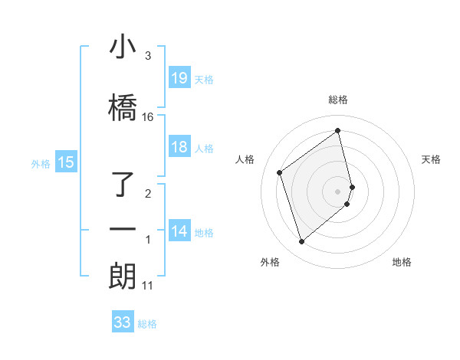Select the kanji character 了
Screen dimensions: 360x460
[123, 185]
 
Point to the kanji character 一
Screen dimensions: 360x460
[123, 229]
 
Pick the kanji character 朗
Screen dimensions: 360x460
[123, 276]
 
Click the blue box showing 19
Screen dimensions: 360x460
[179, 78]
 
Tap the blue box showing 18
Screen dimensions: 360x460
[179, 148]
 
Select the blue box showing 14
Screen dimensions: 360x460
[179, 231]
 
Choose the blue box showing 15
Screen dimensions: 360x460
[66, 162]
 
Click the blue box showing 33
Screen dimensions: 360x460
[123, 322]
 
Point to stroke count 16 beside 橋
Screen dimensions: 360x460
[148, 117]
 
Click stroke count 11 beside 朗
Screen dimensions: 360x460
[147, 286]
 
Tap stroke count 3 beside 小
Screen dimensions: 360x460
[148, 56]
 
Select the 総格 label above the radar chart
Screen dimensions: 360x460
[338, 100]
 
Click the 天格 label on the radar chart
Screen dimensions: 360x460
[431, 159]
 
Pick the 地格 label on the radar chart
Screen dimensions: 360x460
[402, 262]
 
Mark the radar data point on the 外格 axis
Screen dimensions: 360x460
[301, 242]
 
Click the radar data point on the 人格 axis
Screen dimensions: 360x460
[280, 173]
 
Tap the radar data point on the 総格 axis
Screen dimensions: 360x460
[338, 130]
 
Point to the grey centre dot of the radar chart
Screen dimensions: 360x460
[338, 191]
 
